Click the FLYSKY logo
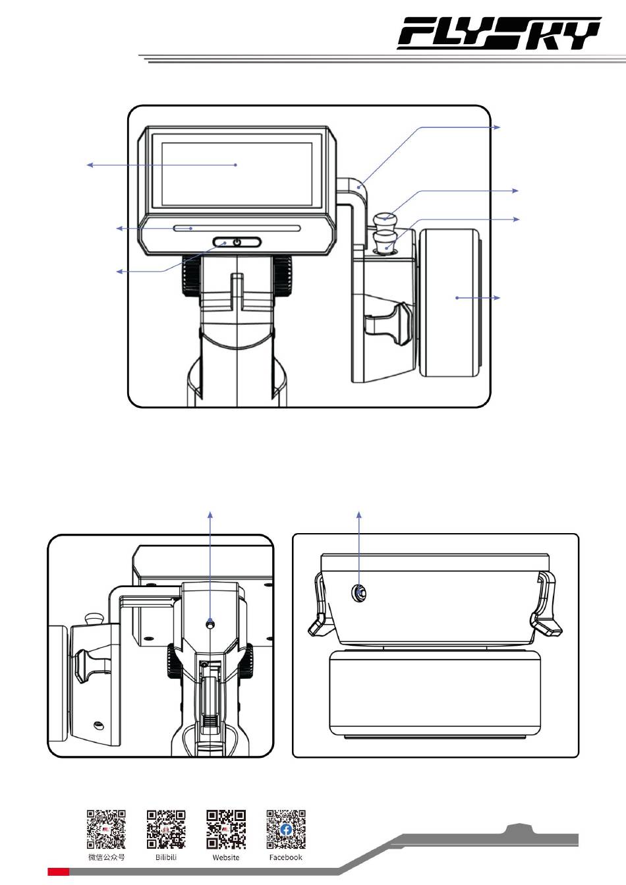coord(499,33)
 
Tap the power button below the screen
coord(237,242)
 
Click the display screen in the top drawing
coord(237,174)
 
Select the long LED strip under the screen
coord(237,228)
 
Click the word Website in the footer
coord(226,857)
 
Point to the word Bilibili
coord(166,857)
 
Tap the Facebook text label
coord(285,857)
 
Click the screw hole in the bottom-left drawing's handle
coord(210,624)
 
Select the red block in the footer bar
coord(59,871)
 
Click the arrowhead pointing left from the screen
coord(90,165)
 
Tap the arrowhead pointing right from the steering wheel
coord(497,298)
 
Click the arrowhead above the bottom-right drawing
coord(359,515)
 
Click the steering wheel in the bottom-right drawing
coord(435,694)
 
